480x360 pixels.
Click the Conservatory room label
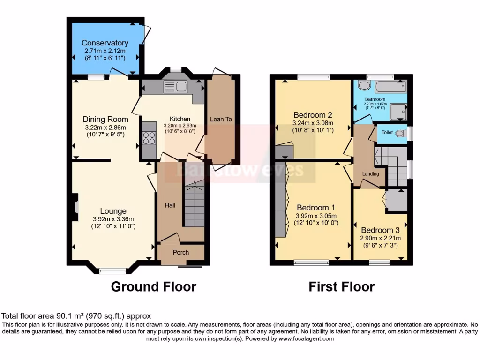tap(105, 43)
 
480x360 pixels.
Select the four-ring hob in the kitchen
tap(149, 138)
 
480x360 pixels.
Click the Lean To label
tap(221, 120)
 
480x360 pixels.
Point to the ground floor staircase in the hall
tap(195, 206)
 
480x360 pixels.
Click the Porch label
tap(181, 253)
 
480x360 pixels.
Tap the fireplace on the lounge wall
tap(75, 207)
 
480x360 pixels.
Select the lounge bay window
tap(112, 270)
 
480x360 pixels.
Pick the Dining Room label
tap(105, 120)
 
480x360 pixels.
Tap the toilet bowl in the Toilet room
tap(399, 133)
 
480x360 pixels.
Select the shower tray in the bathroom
tap(398, 112)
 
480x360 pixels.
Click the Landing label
tap(371, 174)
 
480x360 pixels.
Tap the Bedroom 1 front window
tap(311, 263)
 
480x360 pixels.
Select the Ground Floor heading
tap(153, 286)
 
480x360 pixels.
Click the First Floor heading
tap(341, 286)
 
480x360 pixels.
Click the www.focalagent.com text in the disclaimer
tap(307, 338)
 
